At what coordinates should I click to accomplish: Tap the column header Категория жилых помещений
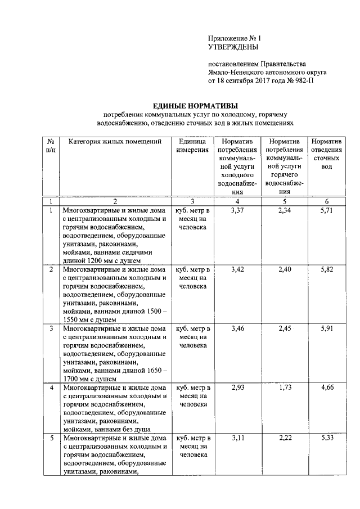coord(115,141)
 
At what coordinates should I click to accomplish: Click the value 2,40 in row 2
coord(285,269)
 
